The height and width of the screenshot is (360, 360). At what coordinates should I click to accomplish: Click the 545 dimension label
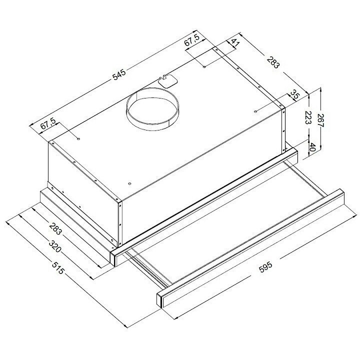119,74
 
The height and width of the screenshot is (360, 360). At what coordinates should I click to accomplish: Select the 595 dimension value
265,267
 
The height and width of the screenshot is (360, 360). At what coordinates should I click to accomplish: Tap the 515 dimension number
57,267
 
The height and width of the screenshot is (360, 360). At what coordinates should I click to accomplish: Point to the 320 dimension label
55,246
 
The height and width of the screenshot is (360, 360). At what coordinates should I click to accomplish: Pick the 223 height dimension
307,117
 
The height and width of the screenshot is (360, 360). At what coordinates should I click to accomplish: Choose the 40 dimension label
312,146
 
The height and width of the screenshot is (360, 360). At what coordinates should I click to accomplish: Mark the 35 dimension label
294,94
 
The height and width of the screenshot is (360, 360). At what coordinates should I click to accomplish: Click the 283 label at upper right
273,62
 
